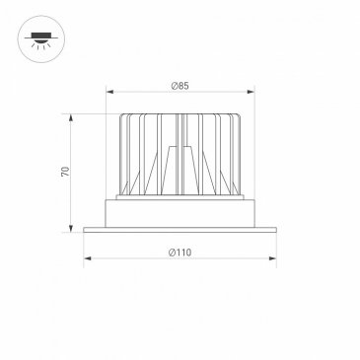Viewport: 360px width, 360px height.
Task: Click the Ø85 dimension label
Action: point(180,86)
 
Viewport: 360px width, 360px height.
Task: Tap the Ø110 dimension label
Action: point(180,252)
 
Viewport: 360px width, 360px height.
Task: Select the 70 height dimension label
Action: point(66,172)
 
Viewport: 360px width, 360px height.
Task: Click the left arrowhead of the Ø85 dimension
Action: point(109,92)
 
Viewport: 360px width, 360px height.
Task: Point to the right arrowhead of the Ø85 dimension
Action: point(251,92)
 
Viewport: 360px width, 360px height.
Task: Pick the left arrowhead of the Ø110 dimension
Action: point(87,258)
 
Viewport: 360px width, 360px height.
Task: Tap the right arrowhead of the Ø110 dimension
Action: point(272,258)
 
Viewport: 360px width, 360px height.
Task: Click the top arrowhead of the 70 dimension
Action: point(71,117)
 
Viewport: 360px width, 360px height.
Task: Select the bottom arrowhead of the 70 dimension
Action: point(71,229)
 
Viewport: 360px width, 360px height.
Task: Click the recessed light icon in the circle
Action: point(41,38)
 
